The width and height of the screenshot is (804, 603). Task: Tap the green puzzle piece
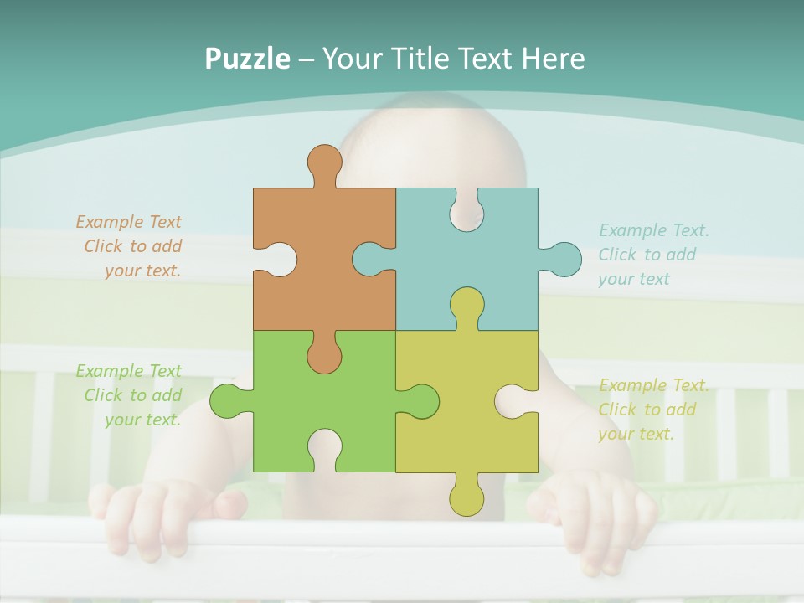(x=276, y=402)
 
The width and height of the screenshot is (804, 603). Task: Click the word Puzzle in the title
(x=247, y=59)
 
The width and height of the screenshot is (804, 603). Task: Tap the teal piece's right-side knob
(x=564, y=259)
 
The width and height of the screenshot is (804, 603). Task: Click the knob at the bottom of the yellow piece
(x=466, y=499)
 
